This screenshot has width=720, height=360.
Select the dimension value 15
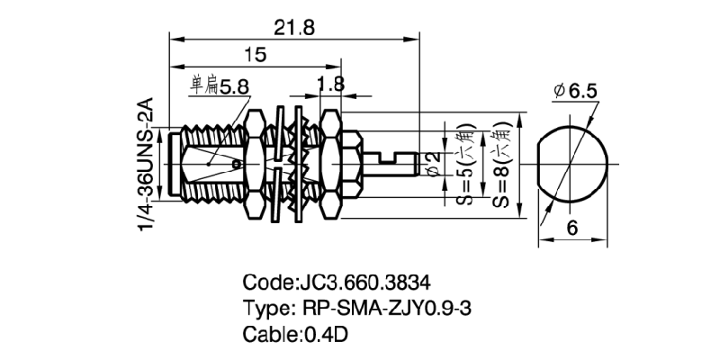[255, 56]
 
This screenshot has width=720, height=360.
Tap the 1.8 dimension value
[331, 84]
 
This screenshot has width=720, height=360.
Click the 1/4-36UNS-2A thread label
[146, 166]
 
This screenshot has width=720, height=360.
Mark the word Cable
[268, 334]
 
